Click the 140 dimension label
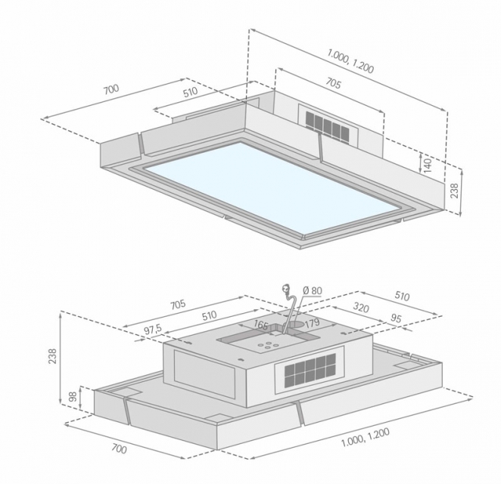428,164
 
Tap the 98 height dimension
73,396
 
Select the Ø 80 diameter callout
312,290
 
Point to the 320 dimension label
361,308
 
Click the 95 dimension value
396,318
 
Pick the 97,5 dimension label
153,330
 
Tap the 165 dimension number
260,324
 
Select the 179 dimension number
312,322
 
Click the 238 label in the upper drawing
454,191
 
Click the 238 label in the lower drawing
52,355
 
